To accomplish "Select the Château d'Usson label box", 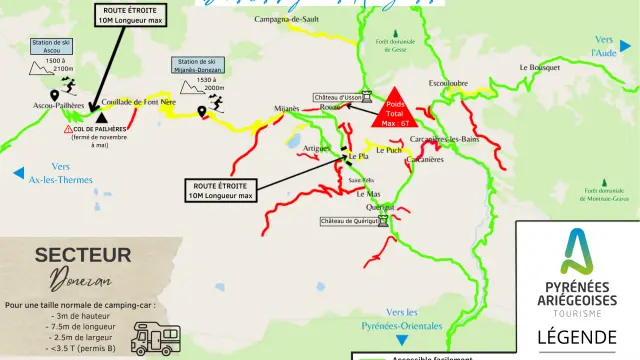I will click(x=342, y=97).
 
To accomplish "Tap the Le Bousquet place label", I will click(x=539, y=67).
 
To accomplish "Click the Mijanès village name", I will click(x=287, y=108).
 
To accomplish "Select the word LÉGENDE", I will click(x=578, y=337).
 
